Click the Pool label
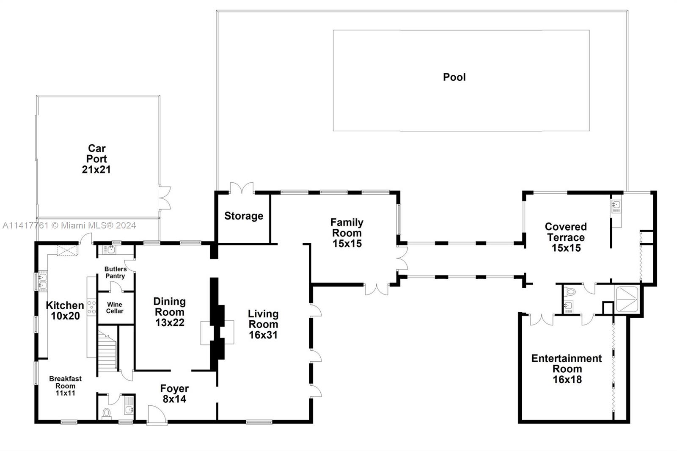(x=454, y=77)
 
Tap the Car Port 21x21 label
(x=96, y=159)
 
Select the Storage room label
(x=243, y=216)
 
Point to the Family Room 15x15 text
(x=347, y=233)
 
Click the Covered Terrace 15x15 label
(x=566, y=237)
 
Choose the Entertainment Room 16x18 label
(x=567, y=369)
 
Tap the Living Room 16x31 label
(x=263, y=324)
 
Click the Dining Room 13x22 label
(x=169, y=312)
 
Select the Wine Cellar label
(x=115, y=308)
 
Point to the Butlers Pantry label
(x=115, y=272)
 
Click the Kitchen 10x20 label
(x=65, y=311)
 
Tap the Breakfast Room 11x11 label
(x=65, y=386)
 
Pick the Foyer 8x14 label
(x=174, y=394)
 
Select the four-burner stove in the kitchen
(x=91, y=307)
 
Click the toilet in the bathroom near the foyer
(x=107, y=412)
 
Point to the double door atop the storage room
(x=242, y=188)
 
